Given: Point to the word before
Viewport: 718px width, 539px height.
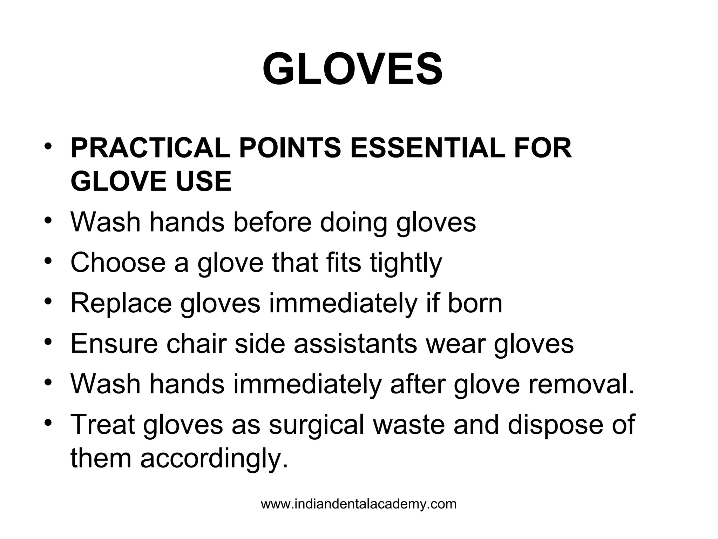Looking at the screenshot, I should click(x=272, y=222).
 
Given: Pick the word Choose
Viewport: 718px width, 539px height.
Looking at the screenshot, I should click(x=118, y=263).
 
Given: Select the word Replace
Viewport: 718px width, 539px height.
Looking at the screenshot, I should click(x=121, y=304).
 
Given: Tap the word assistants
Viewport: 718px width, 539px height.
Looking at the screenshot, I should click(x=355, y=344).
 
